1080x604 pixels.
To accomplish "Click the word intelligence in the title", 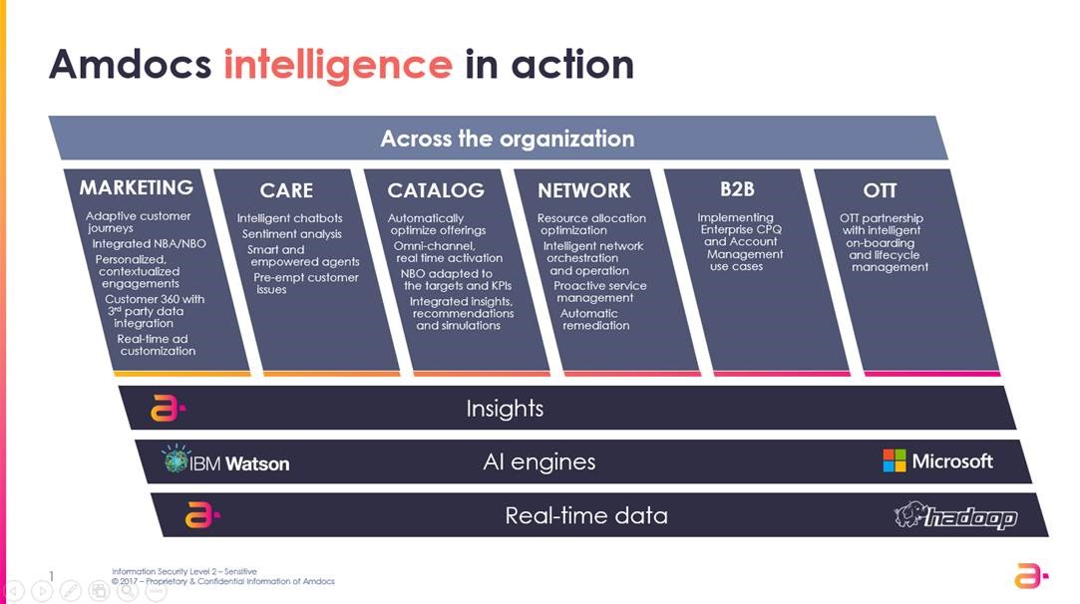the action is click(x=338, y=67).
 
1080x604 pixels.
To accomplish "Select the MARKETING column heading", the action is click(x=137, y=188).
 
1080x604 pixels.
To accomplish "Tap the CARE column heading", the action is click(x=286, y=190).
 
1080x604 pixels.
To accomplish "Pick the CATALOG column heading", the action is click(x=436, y=190).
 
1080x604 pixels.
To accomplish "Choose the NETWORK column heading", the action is click(x=584, y=190).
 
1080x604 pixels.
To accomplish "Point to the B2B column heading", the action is click(x=737, y=189).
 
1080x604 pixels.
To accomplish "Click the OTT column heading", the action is click(x=881, y=190).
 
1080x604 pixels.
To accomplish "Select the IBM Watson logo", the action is click(x=226, y=460).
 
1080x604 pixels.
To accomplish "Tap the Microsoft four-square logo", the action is click(x=895, y=460).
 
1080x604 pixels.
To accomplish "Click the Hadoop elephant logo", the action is click(x=909, y=514).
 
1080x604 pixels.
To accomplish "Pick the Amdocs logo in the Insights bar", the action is click(x=168, y=408).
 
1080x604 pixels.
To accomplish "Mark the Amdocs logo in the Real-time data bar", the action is click(x=201, y=515).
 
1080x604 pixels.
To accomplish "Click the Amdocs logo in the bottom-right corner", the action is click(x=1031, y=576).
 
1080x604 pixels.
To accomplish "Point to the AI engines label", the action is click(x=540, y=461).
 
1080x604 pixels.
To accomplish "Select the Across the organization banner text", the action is click(x=508, y=139).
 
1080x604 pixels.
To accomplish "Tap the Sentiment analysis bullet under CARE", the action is click(x=292, y=234).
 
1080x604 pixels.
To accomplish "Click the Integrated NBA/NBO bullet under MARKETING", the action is click(x=149, y=244).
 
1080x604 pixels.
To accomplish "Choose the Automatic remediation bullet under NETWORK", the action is click(x=592, y=320).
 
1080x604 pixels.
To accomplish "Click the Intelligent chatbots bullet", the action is click(x=289, y=218).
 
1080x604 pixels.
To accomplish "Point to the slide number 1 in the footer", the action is click(x=51, y=576).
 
